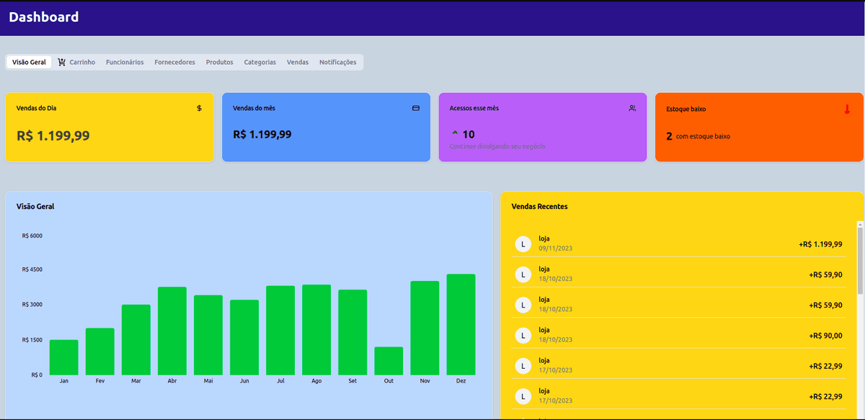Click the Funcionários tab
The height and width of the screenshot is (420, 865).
125,63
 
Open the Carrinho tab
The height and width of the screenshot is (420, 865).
77,63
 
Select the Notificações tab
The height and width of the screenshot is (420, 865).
337,63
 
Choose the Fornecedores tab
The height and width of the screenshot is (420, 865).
174,63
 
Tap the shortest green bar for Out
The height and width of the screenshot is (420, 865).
389,361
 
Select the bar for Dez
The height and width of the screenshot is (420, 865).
461,324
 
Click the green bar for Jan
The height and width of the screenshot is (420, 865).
64,357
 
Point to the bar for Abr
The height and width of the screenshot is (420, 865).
172,331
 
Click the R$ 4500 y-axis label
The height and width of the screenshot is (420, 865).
32,269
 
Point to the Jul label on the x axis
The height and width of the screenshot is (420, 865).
280,381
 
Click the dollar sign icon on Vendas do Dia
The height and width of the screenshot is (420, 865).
200,108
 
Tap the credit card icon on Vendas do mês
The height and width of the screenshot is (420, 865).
416,108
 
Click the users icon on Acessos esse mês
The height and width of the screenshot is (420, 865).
632,108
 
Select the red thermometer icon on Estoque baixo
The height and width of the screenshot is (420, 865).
847,110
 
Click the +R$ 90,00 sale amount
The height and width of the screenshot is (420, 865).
825,336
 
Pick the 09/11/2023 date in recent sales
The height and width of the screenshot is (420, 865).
555,249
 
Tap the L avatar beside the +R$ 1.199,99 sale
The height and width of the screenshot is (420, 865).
523,244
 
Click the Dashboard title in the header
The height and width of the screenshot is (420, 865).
44,17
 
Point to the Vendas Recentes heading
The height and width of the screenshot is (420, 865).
539,207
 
